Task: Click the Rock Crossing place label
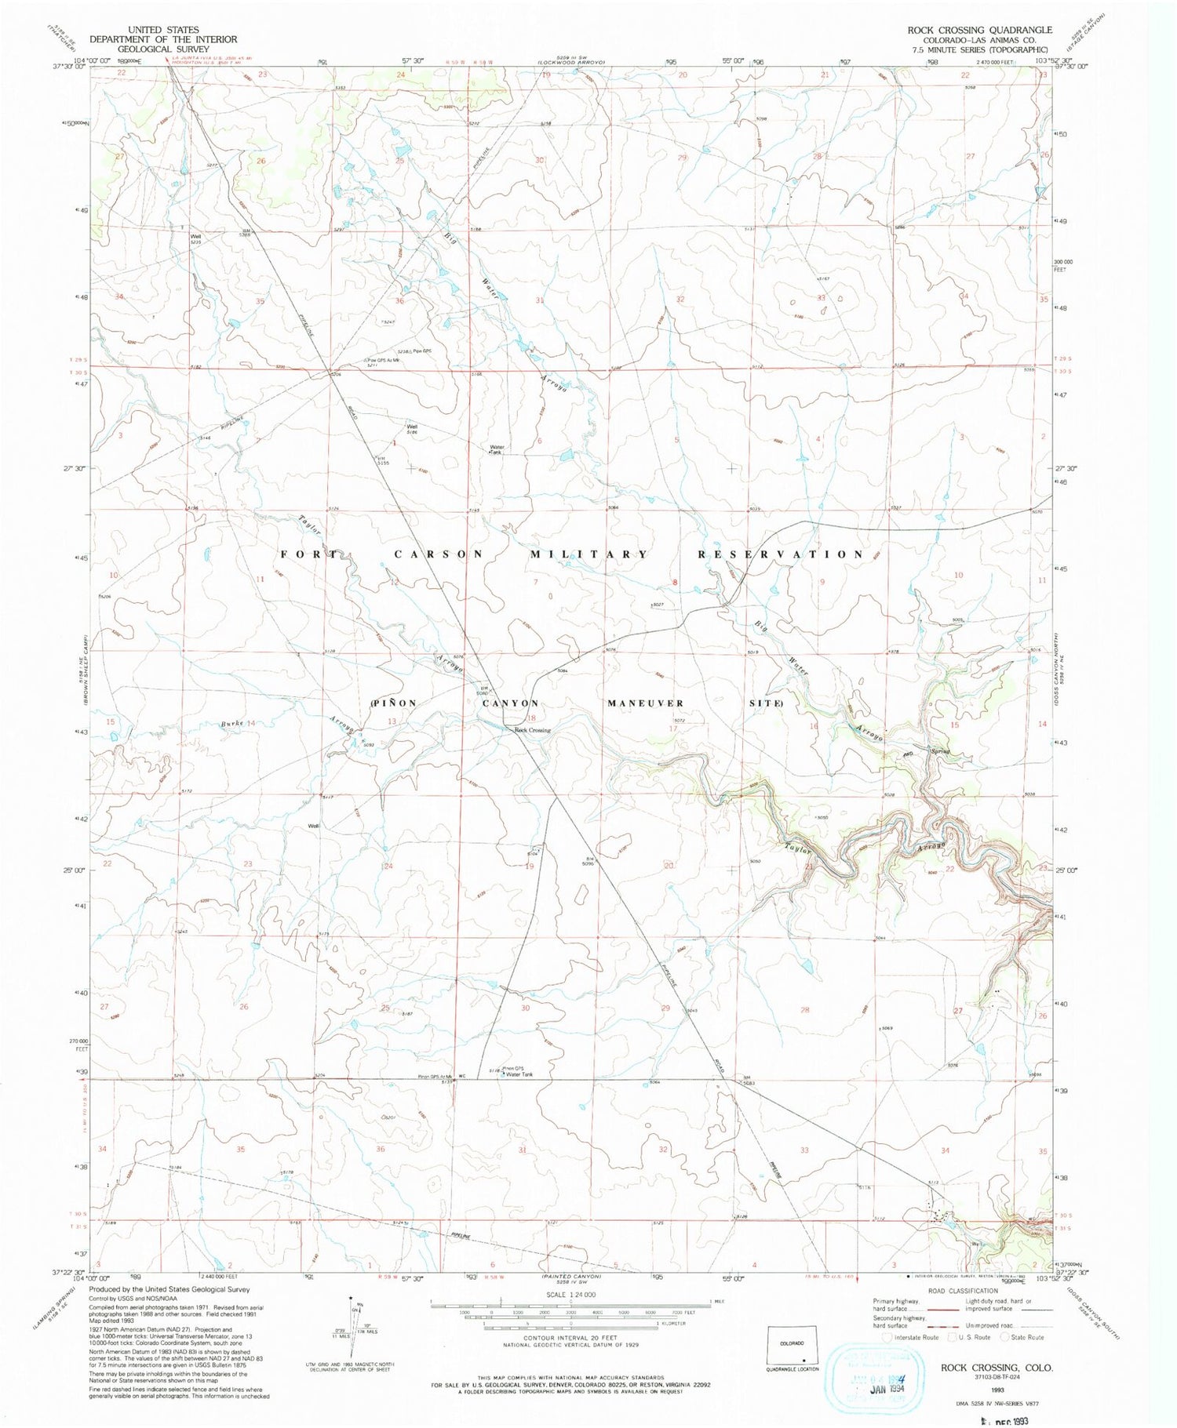coord(532,731)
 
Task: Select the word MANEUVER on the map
coord(645,703)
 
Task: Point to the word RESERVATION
coord(781,554)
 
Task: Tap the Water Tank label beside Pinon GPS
coord(519,1074)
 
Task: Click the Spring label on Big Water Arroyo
coord(940,751)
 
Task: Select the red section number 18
coord(532,718)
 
